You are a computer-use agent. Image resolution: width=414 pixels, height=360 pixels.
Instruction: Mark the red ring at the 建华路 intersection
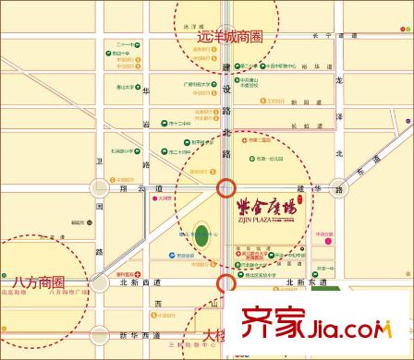click(225, 189)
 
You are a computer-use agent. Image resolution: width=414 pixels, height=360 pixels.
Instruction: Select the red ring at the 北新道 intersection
click(225, 282)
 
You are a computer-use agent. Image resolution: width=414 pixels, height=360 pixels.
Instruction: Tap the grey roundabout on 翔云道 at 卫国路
click(99, 188)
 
